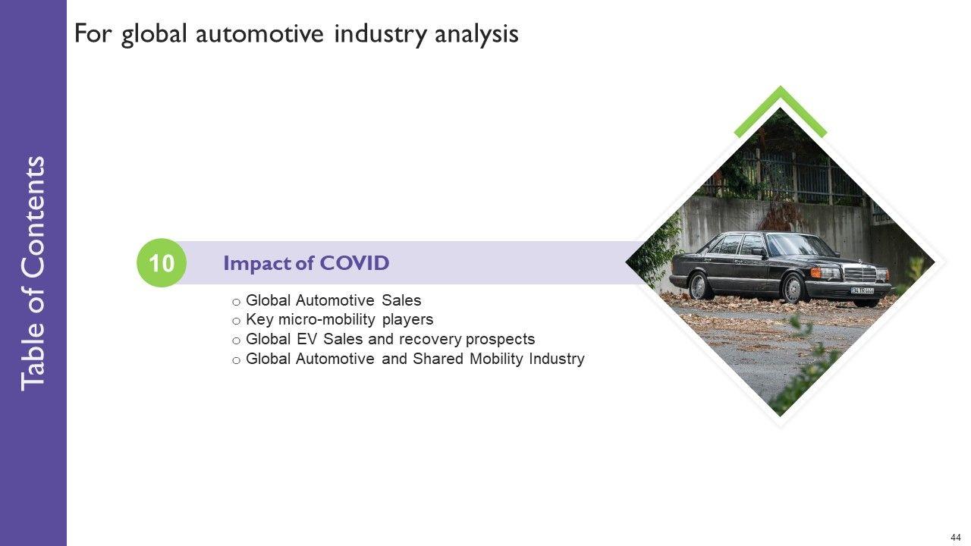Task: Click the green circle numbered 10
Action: pos(162,262)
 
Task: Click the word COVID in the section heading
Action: pos(354,263)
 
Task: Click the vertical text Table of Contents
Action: pos(33,274)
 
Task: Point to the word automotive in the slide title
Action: pos(259,34)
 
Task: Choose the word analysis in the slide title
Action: pos(476,34)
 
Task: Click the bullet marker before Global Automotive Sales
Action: pos(236,302)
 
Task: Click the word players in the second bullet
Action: pos(407,320)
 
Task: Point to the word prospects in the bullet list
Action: pos(500,340)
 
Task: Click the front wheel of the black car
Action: pos(793,287)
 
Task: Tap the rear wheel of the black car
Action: pos(699,286)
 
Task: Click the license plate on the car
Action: pos(863,290)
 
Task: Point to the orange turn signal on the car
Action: pos(815,272)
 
